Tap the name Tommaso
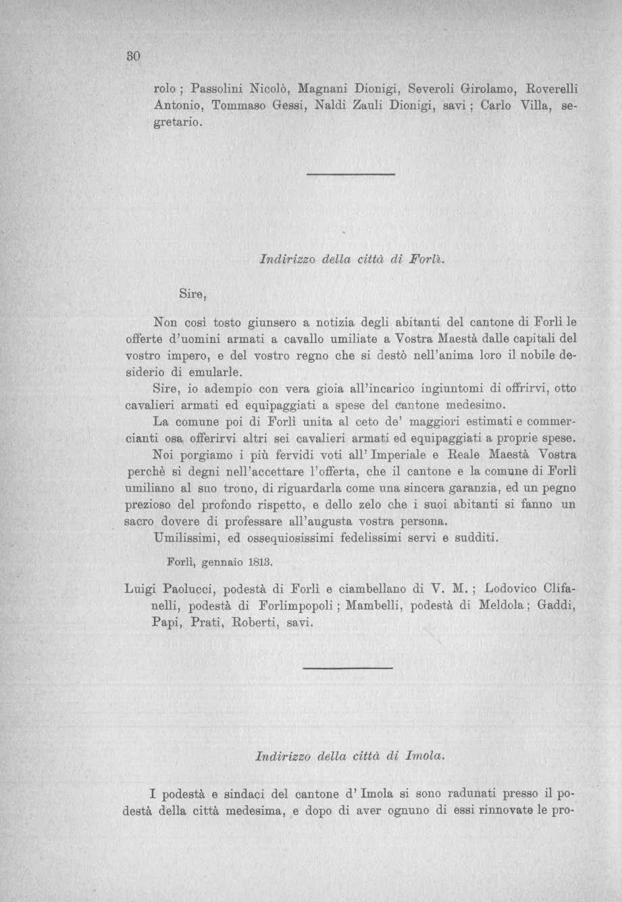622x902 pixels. click(x=238, y=107)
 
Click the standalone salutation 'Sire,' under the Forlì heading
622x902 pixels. click(x=192, y=294)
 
